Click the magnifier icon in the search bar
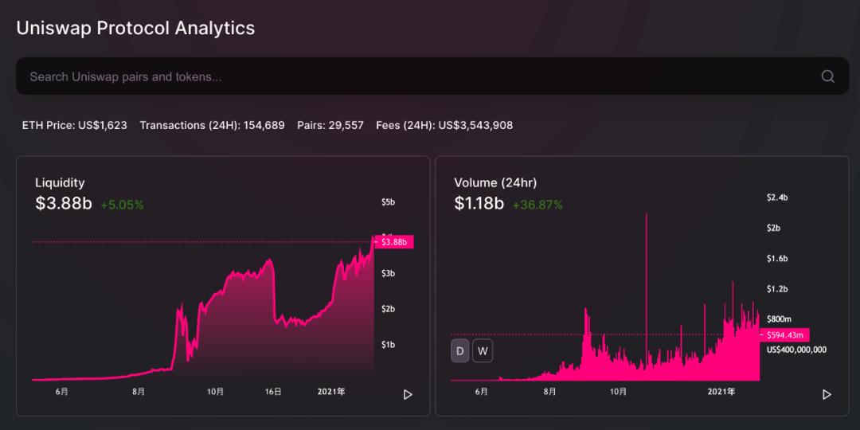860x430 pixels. (x=827, y=76)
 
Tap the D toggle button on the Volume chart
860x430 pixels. (x=460, y=351)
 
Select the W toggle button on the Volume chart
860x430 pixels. (x=483, y=351)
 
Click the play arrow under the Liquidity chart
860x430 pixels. (x=408, y=394)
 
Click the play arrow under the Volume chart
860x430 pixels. (x=827, y=394)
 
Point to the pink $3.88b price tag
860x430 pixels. (x=393, y=242)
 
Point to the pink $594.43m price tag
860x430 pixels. (x=784, y=334)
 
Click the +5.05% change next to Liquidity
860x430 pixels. (x=122, y=205)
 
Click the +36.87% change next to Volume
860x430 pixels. (x=537, y=205)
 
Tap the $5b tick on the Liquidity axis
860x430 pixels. (x=389, y=201)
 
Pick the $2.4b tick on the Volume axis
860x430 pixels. (x=777, y=197)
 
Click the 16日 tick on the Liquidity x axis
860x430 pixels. (x=273, y=392)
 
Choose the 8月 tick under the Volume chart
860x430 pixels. (x=549, y=392)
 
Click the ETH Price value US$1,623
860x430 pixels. (x=103, y=126)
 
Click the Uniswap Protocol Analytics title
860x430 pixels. (x=135, y=28)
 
